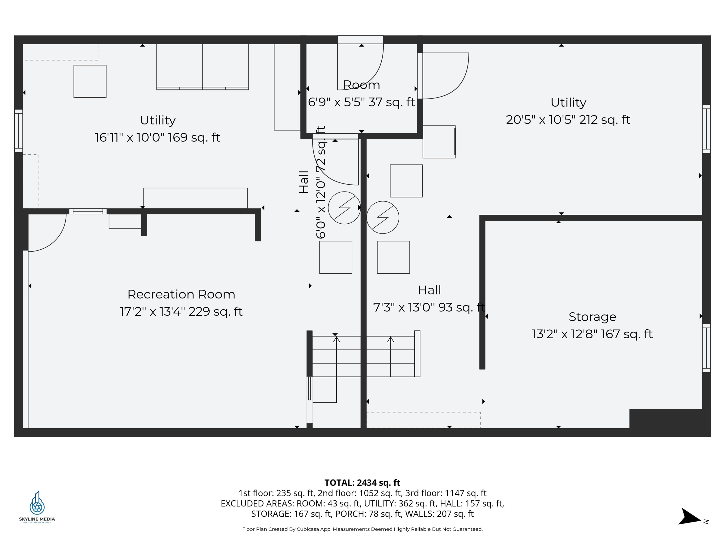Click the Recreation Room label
pos(181,294)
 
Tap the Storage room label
pos(592,317)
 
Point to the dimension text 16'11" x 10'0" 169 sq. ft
pos(157,137)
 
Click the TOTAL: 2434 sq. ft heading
pos(362,483)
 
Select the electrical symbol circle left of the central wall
pos(344,208)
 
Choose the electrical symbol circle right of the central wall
pos(383,217)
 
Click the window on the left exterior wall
pos(19,131)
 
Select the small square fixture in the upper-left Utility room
pos(90,81)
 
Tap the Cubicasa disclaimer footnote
pos(362,529)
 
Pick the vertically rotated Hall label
pos(304,182)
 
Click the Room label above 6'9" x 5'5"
pos(362,85)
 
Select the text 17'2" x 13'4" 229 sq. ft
pos(181,311)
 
